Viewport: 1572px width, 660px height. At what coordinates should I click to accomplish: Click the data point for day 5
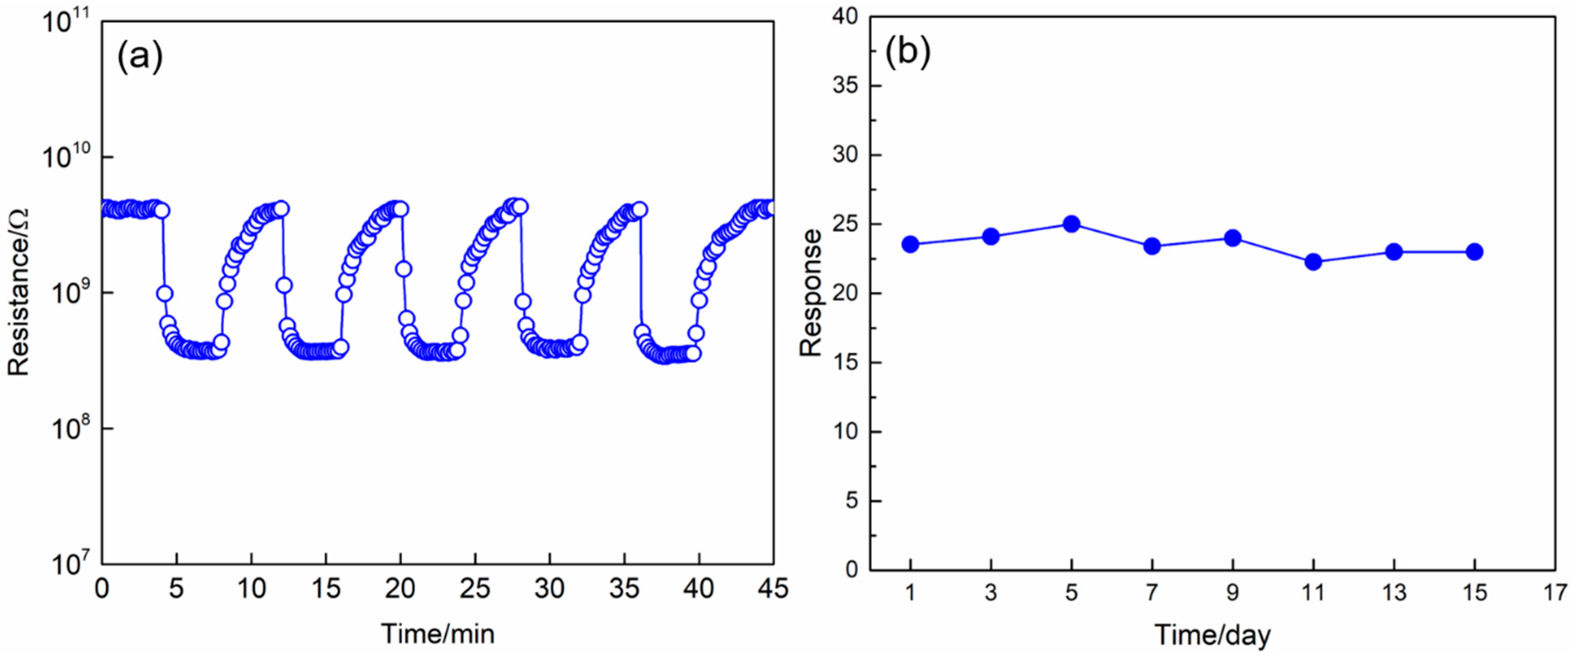[x=1072, y=224]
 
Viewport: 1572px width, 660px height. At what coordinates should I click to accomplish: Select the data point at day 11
[x=1313, y=262]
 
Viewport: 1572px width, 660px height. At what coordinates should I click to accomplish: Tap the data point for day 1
[x=911, y=244]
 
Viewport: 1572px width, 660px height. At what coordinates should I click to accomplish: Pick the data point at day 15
[x=1474, y=252]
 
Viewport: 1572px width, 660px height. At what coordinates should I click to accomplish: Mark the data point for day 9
[x=1233, y=238]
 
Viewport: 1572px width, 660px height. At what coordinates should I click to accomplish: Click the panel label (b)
[x=908, y=51]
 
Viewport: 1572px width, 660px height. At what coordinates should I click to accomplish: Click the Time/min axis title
[x=438, y=634]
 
